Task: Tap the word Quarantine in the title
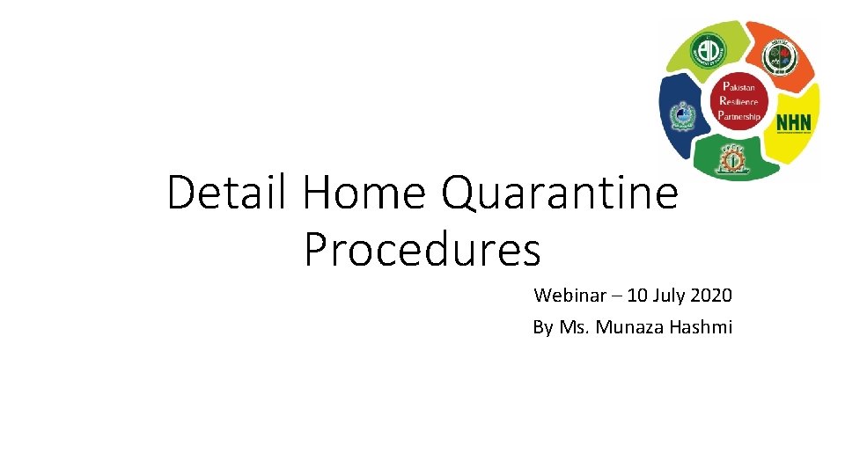click(560, 194)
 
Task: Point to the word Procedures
click(422, 250)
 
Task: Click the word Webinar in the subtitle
click(569, 295)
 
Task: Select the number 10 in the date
click(638, 295)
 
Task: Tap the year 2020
click(711, 295)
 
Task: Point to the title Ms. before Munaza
click(575, 327)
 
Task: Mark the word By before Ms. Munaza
click(542, 327)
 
